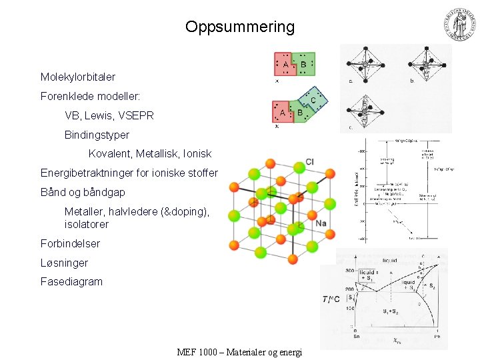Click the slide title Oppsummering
coord(239,27)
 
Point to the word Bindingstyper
coord(97,135)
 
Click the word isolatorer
coord(87,224)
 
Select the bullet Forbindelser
coord(70,243)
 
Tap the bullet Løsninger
coord(64,263)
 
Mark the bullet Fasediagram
coord(71,282)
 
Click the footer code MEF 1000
coord(199,352)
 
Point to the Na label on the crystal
coord(321,223)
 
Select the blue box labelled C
coord(314,99)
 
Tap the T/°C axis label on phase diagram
coord(331,299)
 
